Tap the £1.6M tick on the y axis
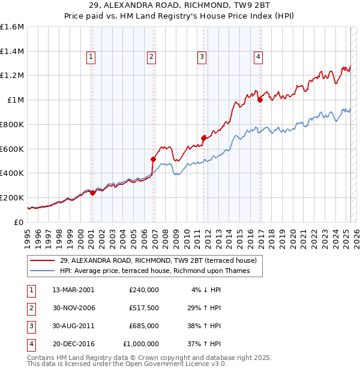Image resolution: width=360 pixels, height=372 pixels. [11, 27]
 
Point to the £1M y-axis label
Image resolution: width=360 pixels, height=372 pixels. [16, 100]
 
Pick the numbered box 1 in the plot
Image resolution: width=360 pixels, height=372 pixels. [91, 57]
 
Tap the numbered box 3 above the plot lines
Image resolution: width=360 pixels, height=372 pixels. [202, 57]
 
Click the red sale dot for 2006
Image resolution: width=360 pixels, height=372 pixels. [153, 159]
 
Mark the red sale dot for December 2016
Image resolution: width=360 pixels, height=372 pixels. [260, 100]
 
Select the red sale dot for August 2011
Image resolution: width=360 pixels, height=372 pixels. [203, 138]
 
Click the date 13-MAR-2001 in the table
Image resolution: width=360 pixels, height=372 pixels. [73, 289]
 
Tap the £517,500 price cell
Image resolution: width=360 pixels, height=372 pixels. [143, 308]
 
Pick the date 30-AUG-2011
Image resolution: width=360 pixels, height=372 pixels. [73, 326]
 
